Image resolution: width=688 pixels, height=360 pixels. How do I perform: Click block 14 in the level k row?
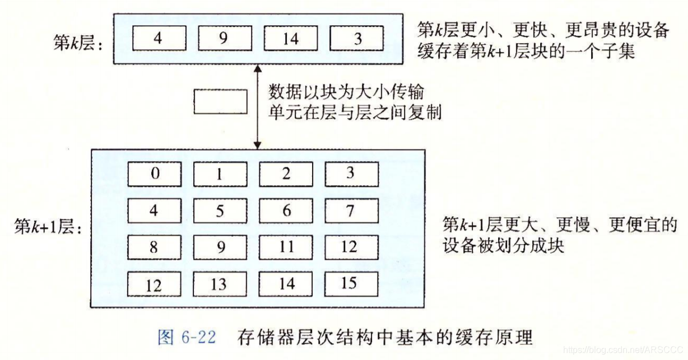pos(290,39)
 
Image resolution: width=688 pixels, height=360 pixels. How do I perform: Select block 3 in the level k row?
pos(357,39)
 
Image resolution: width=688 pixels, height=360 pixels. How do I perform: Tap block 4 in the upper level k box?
pos(159,39)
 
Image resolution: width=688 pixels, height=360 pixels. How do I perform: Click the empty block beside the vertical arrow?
pos(220,102)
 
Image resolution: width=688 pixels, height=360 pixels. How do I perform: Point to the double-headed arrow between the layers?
pos(257,106)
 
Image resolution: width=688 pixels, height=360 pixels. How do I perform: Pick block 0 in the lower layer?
pos(154,174)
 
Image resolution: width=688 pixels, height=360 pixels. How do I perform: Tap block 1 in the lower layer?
pos(220,174)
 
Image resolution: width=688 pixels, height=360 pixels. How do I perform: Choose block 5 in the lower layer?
pos(220,211)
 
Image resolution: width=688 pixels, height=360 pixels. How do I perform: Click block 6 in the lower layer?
pos(286,211)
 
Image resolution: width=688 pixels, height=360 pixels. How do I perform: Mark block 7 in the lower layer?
pos(351,211)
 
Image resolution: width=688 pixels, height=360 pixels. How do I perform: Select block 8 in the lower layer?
pos(154,247)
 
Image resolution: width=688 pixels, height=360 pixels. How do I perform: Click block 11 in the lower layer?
pos(286,247)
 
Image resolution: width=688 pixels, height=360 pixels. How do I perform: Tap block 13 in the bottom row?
pos(220,284)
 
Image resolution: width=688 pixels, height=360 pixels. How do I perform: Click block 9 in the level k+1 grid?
pos(220,247)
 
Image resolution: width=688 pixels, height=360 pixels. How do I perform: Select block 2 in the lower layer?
pos(286,174)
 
